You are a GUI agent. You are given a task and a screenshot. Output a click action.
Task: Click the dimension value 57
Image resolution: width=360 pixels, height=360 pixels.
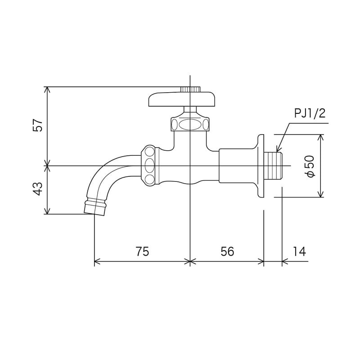39,125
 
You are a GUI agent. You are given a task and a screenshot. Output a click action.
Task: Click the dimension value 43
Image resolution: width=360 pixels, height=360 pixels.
39,189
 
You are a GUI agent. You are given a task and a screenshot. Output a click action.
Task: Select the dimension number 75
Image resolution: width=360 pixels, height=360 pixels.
142,252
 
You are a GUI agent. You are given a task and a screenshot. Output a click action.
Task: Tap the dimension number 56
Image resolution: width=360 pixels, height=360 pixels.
227,252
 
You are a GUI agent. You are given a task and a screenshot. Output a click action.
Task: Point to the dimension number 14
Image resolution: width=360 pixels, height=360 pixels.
298,252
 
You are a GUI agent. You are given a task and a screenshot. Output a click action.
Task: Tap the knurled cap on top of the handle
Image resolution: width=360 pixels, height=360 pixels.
190,89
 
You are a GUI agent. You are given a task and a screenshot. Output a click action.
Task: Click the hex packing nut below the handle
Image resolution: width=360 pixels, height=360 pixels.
190,123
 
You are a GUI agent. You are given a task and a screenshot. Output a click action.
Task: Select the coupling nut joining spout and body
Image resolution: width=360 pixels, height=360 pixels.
150,165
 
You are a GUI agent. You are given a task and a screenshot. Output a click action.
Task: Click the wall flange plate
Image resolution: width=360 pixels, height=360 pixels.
260,166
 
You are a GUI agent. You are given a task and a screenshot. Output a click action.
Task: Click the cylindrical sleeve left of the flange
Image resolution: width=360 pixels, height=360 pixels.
237,166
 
